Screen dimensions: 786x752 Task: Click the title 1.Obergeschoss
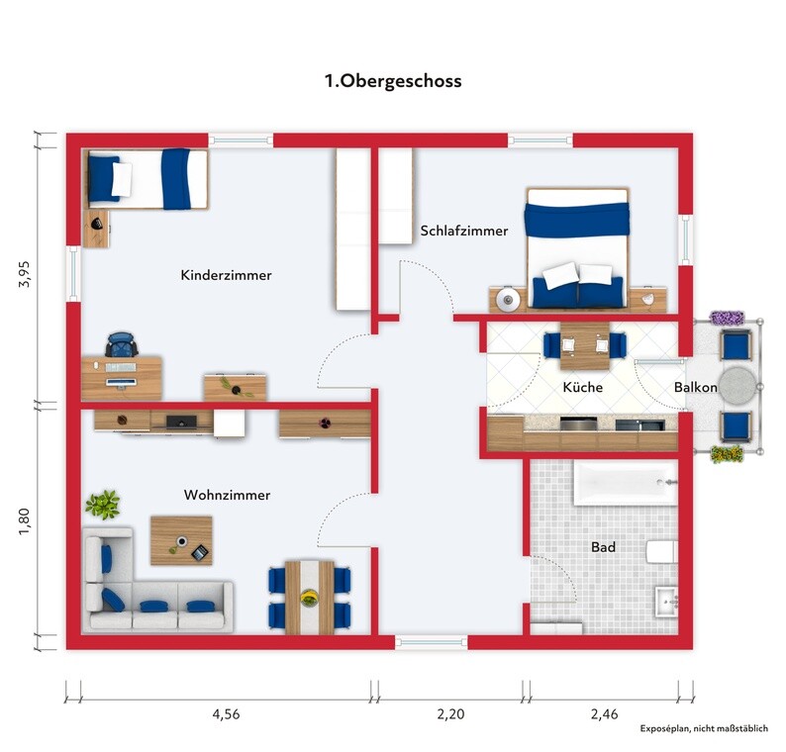393,81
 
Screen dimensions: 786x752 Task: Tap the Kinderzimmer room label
226,275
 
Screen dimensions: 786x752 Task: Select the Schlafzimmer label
464,231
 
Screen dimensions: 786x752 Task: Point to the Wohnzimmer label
227,495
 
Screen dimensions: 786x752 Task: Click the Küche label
582,387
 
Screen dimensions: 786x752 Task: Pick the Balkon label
695,387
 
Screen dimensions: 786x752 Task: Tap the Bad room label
603,547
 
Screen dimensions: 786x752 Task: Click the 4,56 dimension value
226,714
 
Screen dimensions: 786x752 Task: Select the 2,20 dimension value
450,714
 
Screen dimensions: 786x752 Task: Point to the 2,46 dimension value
604,714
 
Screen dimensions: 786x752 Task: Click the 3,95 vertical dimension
24,273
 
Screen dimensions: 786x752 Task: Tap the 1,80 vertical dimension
24,521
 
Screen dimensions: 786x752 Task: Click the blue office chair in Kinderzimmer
122,344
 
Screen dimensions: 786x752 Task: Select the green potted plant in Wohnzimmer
103,504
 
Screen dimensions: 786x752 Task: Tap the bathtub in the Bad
626,484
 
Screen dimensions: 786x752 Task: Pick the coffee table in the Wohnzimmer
181,541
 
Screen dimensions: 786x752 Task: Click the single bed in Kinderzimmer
146,178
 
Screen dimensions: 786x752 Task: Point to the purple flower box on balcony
727,318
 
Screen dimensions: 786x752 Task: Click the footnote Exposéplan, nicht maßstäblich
704,728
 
